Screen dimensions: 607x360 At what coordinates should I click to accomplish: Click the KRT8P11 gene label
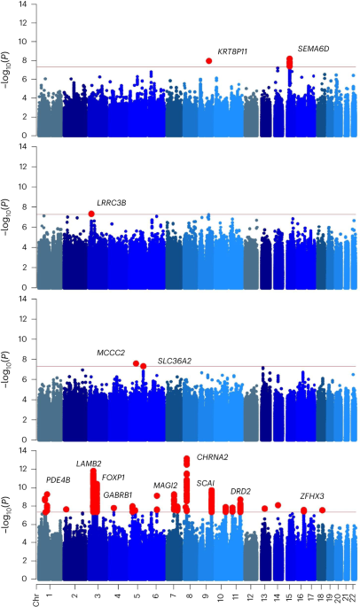(232, 51)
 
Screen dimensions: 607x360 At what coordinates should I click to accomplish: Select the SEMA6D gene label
(313, 50)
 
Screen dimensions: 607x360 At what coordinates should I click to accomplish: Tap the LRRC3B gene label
(112, 203)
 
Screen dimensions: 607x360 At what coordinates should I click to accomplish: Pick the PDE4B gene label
(59, 480)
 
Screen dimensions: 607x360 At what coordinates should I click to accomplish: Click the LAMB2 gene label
(89, 463)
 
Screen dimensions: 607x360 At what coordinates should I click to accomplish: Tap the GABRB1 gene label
(118, 494)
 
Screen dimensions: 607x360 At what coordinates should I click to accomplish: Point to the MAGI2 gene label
(166, 486)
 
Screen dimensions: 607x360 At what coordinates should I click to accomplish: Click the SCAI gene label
(205, 483)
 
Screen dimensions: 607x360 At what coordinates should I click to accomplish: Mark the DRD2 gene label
(240, 491)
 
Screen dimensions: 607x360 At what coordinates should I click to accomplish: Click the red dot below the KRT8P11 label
(209, 60)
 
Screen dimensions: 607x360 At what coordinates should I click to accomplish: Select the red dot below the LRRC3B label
(91, 214)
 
